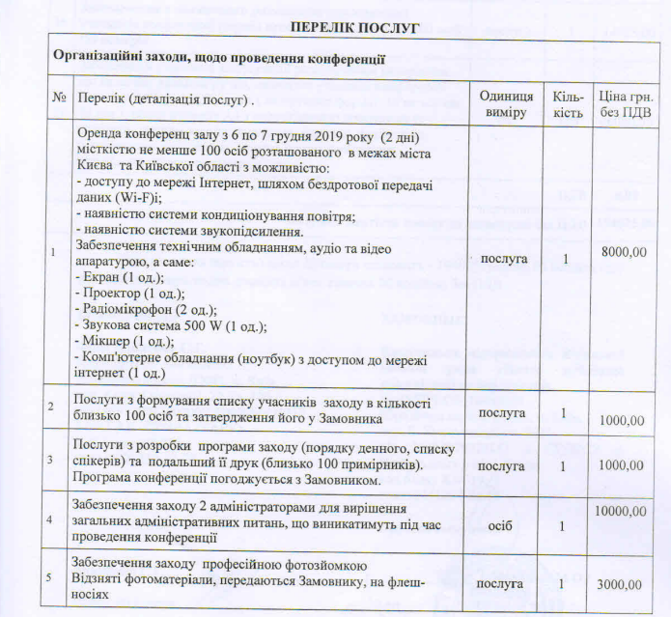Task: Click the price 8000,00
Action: (624, 252)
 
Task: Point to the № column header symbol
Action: (60, 99)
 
